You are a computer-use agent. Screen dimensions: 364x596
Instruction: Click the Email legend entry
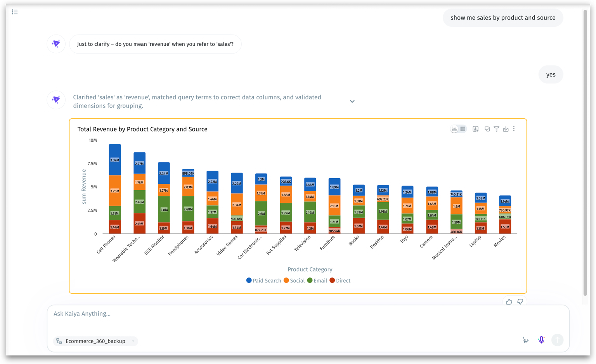point(317,281)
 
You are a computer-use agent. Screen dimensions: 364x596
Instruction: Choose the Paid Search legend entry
point(263,281)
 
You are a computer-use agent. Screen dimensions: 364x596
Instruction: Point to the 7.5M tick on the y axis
point(92,164)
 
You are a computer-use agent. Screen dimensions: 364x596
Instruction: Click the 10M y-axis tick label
point(93,140)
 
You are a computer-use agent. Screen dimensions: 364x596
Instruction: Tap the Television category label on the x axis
point(303,243)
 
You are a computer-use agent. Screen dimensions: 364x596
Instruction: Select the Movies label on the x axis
point(500,241)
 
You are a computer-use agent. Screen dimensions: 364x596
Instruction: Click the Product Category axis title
point(310,269)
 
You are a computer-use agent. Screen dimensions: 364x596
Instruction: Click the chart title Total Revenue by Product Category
point(142,129)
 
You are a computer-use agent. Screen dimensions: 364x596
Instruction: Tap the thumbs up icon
point(509,302)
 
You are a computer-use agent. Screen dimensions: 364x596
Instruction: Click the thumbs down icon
point(520,302)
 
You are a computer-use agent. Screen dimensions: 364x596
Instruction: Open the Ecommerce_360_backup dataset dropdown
point(95,341)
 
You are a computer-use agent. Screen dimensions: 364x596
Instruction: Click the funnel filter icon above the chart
point(496,129)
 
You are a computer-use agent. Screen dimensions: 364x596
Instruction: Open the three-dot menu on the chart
point(514,129)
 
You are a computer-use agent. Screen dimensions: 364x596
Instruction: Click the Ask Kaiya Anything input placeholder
point(82,314)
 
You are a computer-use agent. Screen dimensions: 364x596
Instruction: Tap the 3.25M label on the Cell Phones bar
point(114,191)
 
